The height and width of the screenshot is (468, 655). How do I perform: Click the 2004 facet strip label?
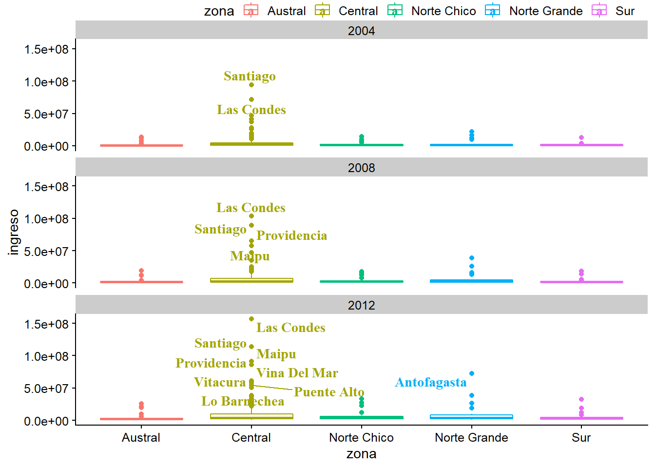[x=361, y=31]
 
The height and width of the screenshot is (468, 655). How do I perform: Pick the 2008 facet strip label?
[x=361, y=168]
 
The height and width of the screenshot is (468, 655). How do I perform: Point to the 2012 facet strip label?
[x=361, y=305]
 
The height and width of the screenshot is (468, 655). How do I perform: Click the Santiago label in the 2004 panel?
[x=250, y=76]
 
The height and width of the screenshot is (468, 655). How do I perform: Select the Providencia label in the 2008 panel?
[x=291, y=235]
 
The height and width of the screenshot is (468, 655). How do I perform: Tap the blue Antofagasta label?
[x=430, y=382]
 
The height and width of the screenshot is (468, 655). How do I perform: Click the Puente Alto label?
[x=329, y=392]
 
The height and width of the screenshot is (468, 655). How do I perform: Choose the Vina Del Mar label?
[x=297, y=373]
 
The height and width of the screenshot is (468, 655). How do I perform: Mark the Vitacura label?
[x=220, y=382]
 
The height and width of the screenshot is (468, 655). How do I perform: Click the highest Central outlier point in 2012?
[x=251, y=319]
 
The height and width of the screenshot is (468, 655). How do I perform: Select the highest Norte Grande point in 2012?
[x=472, y=373]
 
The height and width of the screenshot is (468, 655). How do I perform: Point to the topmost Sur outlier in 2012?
[x=581, y=399]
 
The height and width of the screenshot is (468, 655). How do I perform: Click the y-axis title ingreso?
[x=14, y=232]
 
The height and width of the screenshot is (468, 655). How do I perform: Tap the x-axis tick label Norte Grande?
[x=471, y=437]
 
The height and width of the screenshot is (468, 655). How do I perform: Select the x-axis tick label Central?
[x=251, y=437]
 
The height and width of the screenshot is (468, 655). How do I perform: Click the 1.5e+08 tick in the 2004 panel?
[x=47, y=49]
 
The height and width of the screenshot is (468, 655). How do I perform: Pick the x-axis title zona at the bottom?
[x=361, y=454]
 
